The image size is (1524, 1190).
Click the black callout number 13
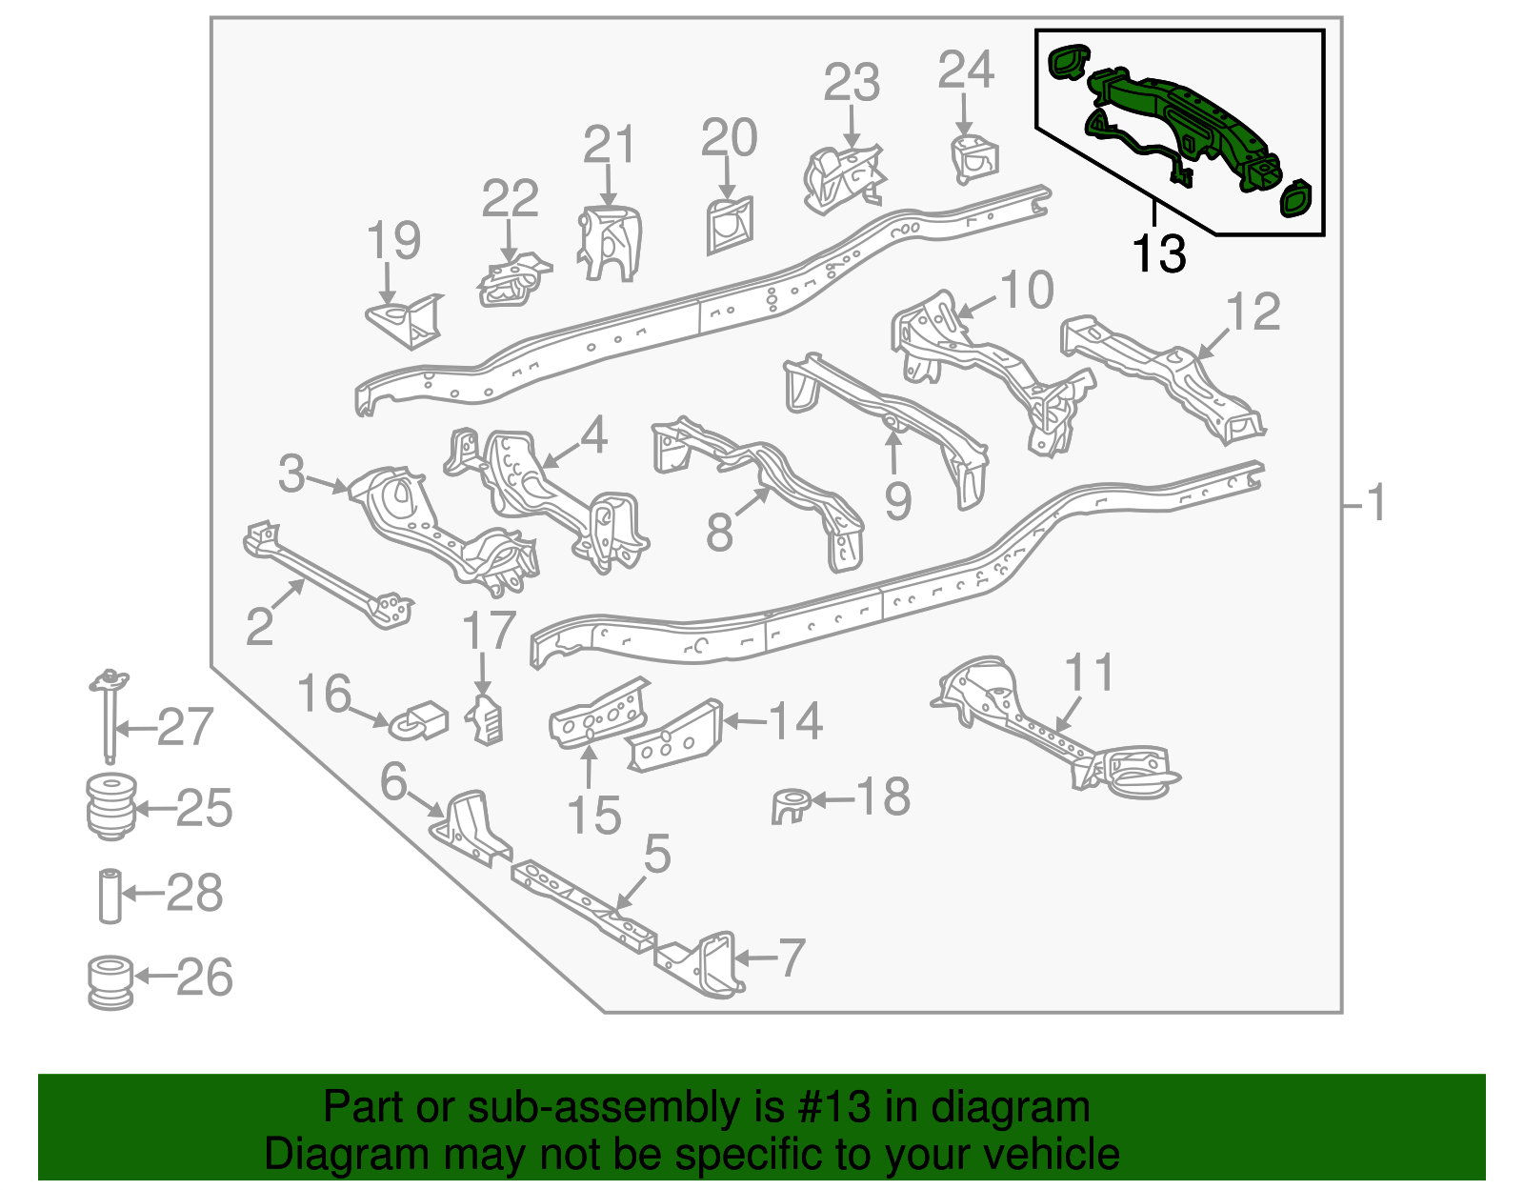tap(1158, 253)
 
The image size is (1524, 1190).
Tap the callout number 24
tap(966, 70)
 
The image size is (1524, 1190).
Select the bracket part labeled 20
tap(730, 225)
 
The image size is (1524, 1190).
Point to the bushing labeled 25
tap(111, 806)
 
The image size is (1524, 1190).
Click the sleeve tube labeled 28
tap(110, 897)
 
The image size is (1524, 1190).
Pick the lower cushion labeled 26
tap(110, 981)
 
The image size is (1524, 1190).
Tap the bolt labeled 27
tap(110, 716)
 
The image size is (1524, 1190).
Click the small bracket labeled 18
tap(791, 805)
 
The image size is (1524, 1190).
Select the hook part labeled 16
tap(419, 721)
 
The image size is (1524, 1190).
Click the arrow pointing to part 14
tap(745, 721)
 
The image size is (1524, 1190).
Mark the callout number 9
tap(897, 501)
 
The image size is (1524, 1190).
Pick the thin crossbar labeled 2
tap(329, 575)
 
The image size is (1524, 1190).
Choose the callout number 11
tap(1089, 672)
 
